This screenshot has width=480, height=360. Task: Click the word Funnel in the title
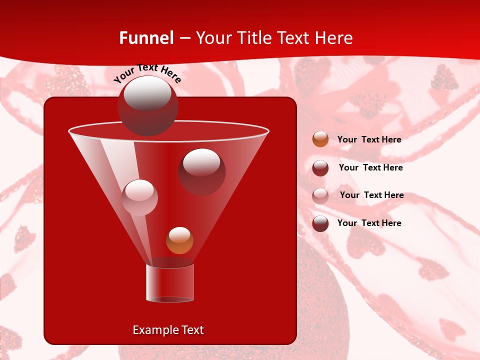coord(146,38)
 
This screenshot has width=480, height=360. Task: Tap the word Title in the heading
coord(254,38)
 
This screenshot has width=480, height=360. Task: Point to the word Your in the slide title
coord(214,38)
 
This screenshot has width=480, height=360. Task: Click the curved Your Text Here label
coord(147,73)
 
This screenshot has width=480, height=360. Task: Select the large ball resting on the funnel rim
coord(148,106)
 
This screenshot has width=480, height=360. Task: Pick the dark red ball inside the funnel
coord(202,171)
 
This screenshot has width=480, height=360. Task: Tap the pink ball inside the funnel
coord(139,197)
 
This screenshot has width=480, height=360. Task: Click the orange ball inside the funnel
coord(179,240)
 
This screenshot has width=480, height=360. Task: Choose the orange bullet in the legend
coord(320,139)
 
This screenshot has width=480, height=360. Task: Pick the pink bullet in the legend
coord(320,196)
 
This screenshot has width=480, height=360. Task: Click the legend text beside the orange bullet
coord(369,139)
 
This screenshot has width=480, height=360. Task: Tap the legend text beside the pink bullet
coord(371,195)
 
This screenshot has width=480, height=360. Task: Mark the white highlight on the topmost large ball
coord(147,93)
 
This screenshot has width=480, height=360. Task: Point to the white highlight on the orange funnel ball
coord(179,234)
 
